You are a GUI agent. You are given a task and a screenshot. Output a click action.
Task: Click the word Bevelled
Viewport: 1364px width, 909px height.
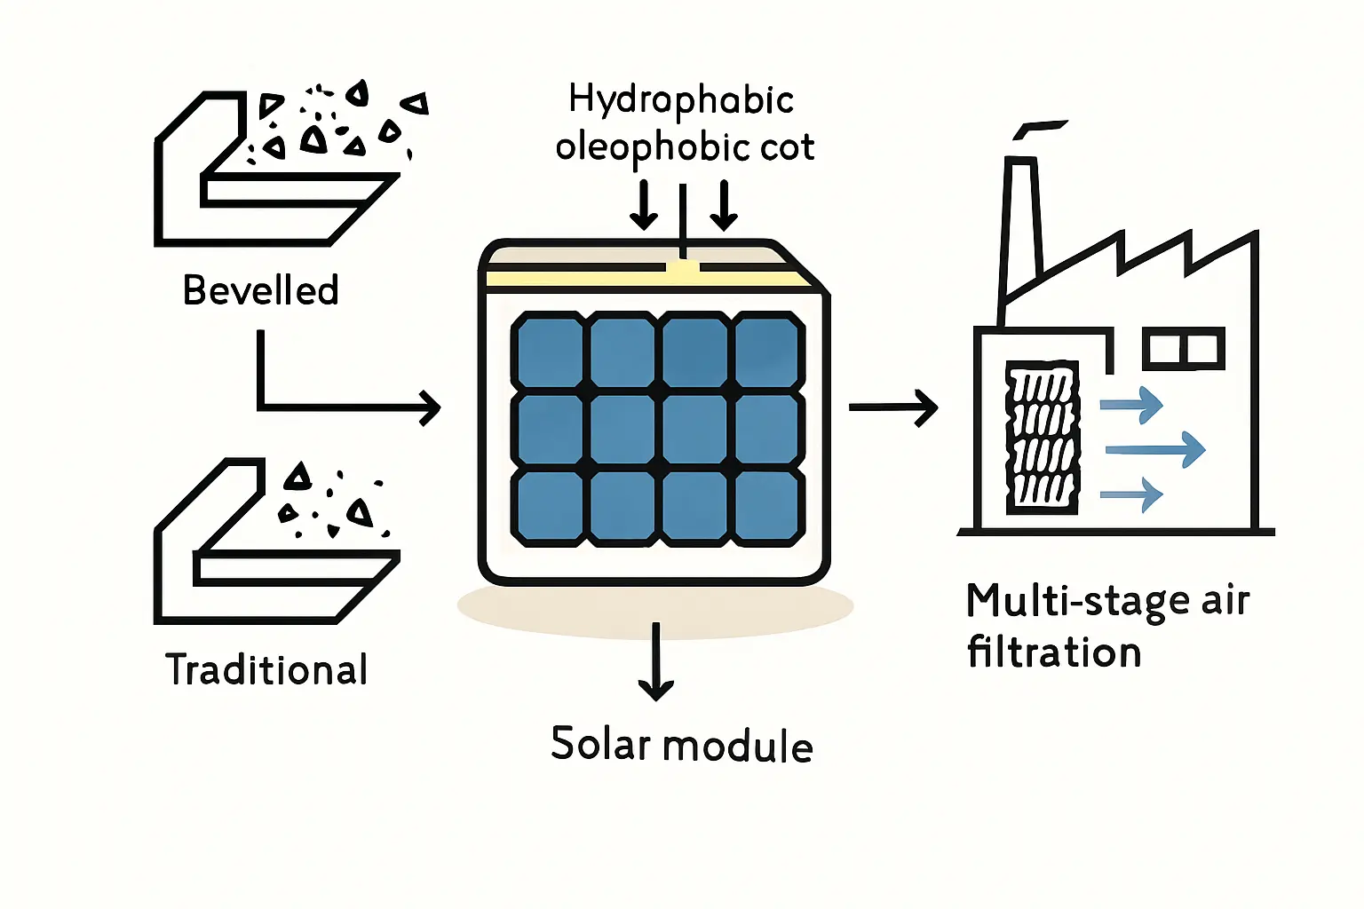(260, 290)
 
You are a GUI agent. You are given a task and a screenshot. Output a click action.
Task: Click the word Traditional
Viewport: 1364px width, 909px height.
(266, 669)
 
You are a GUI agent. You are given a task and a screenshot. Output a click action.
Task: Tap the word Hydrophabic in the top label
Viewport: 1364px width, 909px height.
(681, 99)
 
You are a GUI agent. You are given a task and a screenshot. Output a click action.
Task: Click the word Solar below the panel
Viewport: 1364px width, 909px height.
(601, 744)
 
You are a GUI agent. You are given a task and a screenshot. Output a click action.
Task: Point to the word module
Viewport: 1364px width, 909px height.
(738, 746)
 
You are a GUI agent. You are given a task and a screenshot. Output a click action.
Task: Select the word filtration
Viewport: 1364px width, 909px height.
(1054, 652)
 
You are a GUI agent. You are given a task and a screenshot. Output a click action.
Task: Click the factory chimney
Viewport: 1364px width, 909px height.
(1020, 231)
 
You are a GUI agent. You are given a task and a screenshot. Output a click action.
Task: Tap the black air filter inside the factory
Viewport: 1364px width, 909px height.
(1042, 437)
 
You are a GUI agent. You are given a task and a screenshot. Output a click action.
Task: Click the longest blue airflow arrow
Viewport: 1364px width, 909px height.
(1155, 450)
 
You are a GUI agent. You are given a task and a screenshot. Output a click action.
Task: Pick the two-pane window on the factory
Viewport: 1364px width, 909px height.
(1183, 349)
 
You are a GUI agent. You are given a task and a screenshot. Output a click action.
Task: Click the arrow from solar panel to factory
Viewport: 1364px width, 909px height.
(892, 407)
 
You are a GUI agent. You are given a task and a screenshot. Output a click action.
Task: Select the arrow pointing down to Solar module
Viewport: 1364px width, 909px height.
(656, 661)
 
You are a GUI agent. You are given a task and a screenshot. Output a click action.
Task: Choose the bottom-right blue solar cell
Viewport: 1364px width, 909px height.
(768, 507)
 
